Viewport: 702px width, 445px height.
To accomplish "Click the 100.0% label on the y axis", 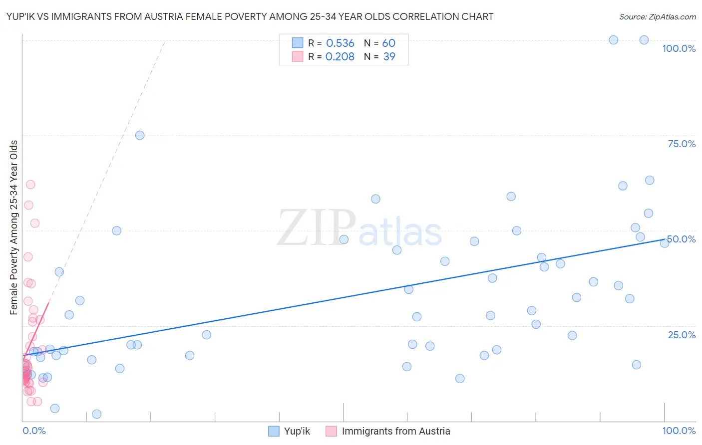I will [679, 48].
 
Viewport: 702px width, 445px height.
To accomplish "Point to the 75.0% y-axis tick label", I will [682, 144].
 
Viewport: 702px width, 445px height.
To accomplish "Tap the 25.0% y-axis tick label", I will [682, 335].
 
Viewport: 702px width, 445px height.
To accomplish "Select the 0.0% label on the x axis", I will [34, 431].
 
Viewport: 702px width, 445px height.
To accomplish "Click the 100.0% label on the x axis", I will [679, 431].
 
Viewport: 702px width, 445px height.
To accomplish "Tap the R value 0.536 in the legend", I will [340, 43].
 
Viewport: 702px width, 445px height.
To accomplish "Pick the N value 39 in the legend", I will [389, 57].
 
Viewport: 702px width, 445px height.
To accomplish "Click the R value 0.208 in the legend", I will [340, 57].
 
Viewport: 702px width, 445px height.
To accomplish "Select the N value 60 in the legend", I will [388, 43].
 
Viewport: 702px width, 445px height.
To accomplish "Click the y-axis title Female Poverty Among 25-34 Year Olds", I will [14, 227].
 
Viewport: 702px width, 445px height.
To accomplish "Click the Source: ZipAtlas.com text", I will [657, 17].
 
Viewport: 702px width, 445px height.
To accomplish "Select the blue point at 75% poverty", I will [140, 135].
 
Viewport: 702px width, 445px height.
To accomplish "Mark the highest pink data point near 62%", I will [30, 185].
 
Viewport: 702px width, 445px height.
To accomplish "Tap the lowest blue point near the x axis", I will [97, 414].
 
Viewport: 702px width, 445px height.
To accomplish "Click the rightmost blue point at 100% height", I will [644, 40].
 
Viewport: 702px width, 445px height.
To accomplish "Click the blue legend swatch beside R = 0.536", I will [298, 43].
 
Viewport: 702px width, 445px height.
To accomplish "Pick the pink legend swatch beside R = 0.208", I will [298, 56].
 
